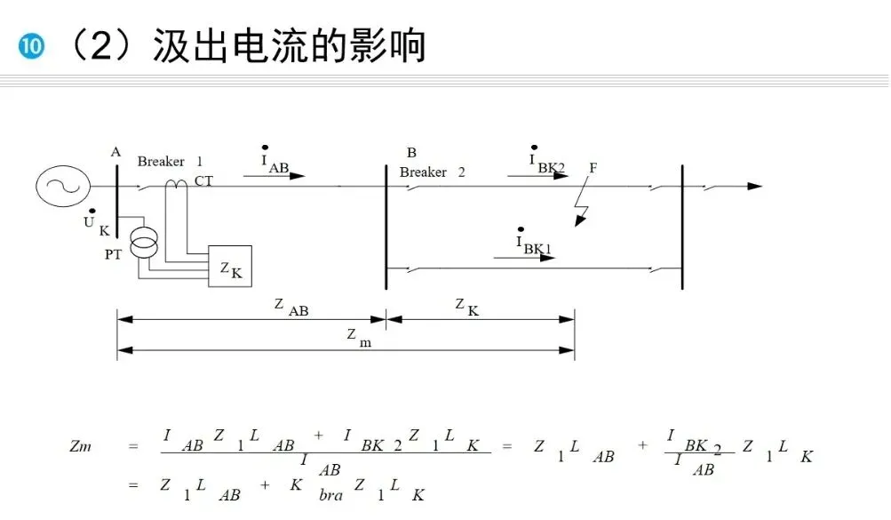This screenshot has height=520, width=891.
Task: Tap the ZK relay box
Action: pyautogui.click(x=229, y=266)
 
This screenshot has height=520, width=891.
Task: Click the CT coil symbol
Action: pyautogui.click(x=178, y=182)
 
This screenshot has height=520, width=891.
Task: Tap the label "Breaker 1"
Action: pyautogui.click(x=170, y=162)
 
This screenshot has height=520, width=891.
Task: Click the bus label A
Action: pyautogui.click(x=115, y=152)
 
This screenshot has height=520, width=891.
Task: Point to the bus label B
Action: pyautogui.click(x=410, y=153)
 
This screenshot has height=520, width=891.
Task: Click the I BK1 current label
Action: pyautogui.click(x=534, y=243)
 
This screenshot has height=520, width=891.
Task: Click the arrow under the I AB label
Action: pyautogui.click(x=274, y=176)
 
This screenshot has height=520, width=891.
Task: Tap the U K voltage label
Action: pyautogui.click(x=96, y=224)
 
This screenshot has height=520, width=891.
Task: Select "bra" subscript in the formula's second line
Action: pyautogui.click(x=330, y=495)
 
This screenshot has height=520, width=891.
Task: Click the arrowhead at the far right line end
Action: pyautogui.click(x=755, y=187)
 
